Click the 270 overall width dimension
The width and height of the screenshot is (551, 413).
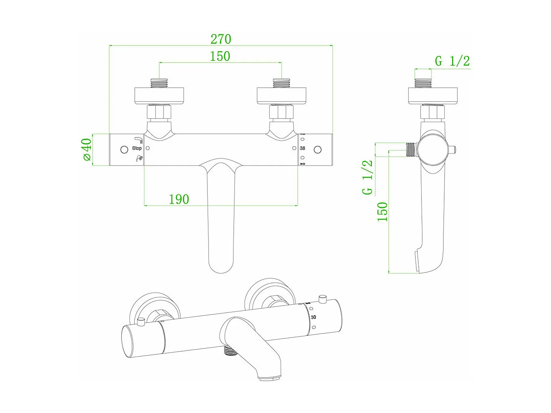coord(221,39)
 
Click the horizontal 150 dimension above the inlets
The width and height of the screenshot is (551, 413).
coord(220,56)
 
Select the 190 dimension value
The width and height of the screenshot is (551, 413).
coord(179,199)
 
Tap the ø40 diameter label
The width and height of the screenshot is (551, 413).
coord(86,150)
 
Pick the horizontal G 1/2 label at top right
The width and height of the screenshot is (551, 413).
coord(452,61)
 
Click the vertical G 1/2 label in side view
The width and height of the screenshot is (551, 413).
coord(368,177)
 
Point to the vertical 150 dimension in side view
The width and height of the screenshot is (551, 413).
coord(383,211)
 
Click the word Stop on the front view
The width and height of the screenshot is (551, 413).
coord(137,148)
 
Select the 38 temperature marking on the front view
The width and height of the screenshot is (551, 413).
coord(302,148)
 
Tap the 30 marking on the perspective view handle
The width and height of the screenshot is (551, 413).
coord(313,317)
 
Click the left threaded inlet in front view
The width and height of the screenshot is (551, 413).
coord(159,83)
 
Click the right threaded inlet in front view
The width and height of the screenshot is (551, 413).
coord(282,83)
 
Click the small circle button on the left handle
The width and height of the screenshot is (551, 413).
coord(125,150)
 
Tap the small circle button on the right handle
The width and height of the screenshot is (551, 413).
coord(318,150)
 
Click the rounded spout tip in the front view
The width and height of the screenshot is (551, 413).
coord(220,266)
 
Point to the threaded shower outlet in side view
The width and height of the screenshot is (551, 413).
coord(411,150)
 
